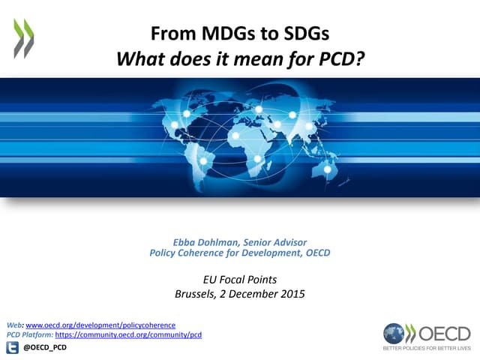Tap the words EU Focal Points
click(240, 280)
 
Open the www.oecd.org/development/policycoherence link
click(100, 325)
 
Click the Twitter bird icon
click(13, 347)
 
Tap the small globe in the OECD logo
click(393, 333)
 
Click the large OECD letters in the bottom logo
click(443, 333)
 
